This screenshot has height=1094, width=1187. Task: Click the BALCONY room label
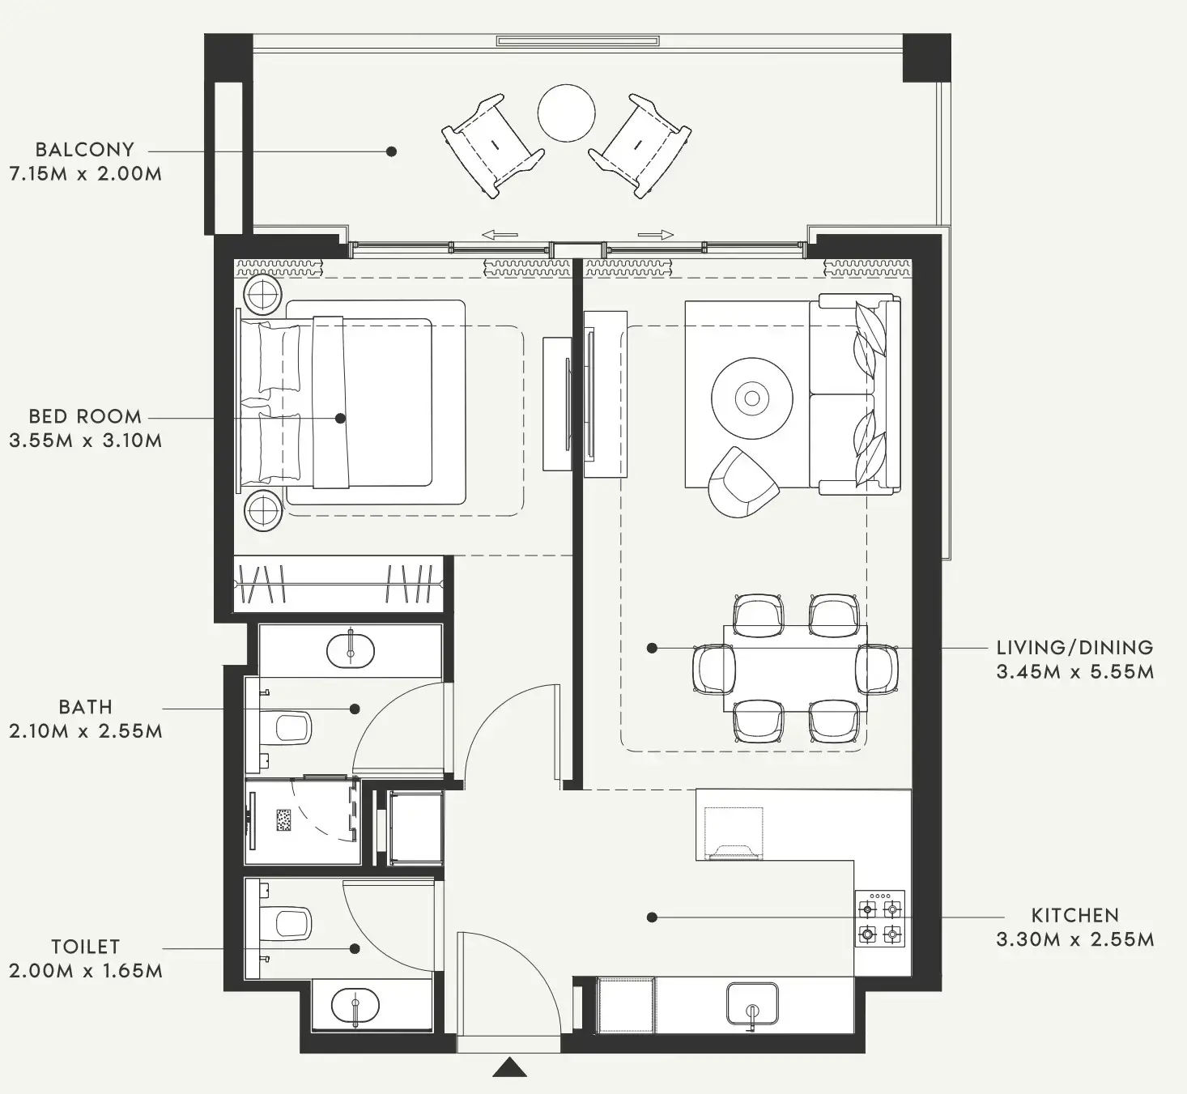click(x=84, y=150)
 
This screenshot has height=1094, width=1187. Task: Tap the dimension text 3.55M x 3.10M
click(x=85, y=441)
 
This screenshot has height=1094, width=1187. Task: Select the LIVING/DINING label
click(x=1074, y=648)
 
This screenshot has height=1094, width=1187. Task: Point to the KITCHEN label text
click(x=1074, y=916)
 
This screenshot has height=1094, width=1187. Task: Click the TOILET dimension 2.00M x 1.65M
click(x=85, y=970)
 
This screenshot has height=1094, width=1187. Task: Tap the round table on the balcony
click(x=567, y=113)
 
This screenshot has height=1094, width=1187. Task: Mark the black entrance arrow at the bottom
click(x=509, y=1067)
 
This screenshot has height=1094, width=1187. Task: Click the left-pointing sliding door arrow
click(x=500, y=235)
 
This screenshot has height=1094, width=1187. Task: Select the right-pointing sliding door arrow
click(x=655, y=235)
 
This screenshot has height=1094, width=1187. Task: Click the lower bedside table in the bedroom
click(x=263, y=511)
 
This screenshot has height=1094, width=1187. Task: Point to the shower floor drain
click(x=284, y=819)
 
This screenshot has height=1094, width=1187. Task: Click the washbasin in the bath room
click(x=350, y=650)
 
